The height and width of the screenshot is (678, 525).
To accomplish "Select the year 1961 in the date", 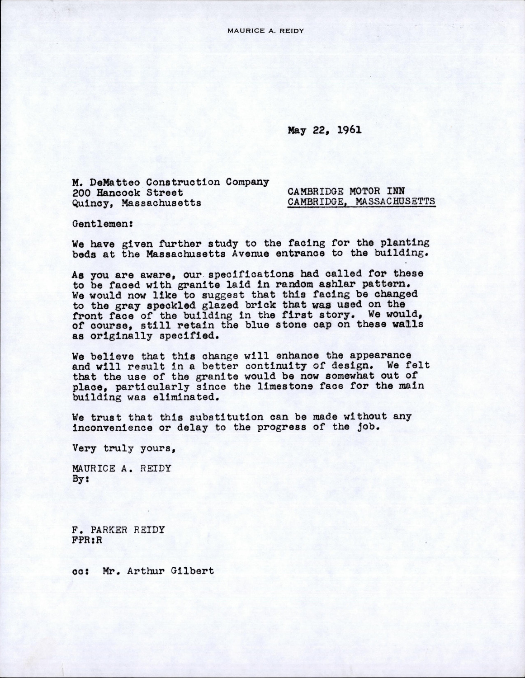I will click(349, 130).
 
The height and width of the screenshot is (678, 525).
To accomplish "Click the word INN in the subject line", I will click(394, 191).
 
